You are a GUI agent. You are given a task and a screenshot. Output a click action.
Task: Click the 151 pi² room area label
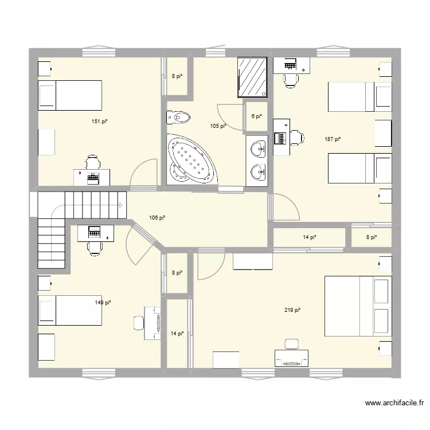pos(99,121)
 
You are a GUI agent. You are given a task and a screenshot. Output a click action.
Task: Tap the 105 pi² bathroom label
pos(218,126)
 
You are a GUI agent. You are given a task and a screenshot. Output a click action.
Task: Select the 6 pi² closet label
pos(256,116)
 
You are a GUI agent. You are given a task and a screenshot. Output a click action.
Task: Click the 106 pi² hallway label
pos(157,218)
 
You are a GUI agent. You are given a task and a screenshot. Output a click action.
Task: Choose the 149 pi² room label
pos(103,302)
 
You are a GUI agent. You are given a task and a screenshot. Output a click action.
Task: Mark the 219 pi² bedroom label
pos(292,310)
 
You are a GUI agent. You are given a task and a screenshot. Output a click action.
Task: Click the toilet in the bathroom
pos(178,118)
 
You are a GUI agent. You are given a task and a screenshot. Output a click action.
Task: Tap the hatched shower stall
pos(253,77)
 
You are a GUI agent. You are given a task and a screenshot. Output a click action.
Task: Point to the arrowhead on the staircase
pos(121,204)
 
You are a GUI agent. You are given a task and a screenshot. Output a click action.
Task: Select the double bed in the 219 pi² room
pos(358,310)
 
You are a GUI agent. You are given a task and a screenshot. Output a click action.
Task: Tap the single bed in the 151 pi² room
pos(69,95)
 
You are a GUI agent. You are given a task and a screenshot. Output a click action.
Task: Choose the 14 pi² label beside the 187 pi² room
pos(310,237)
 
